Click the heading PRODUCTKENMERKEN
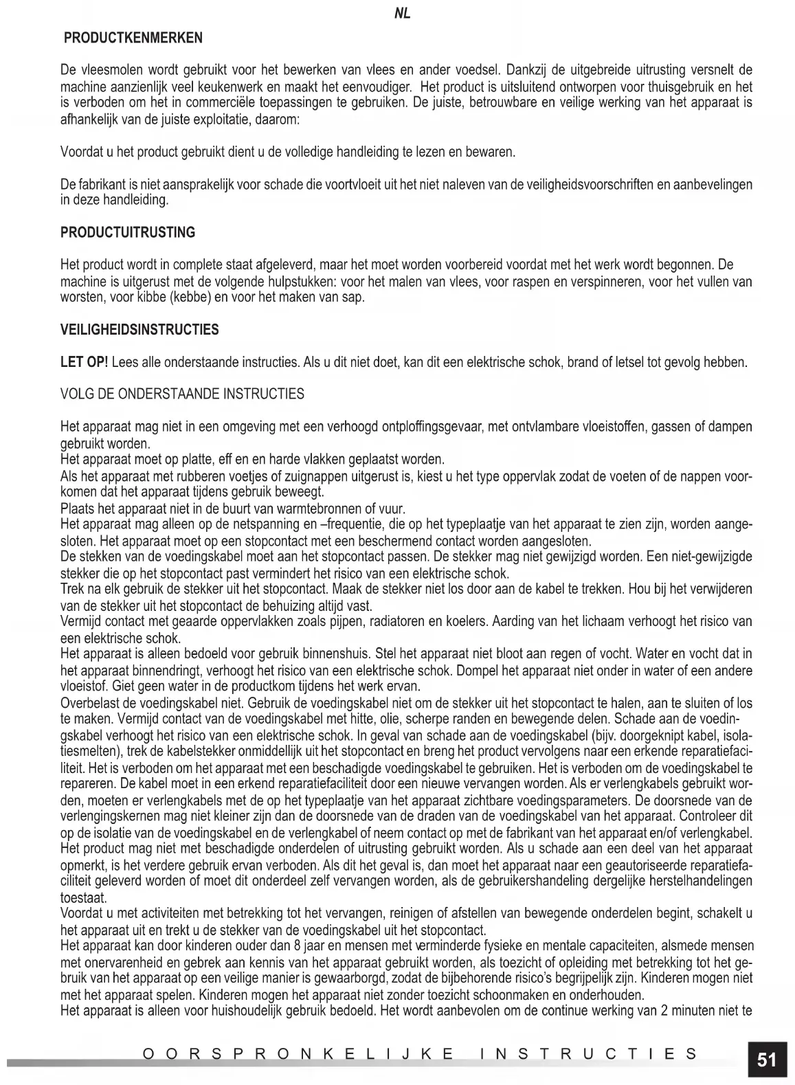(x=133, y=38)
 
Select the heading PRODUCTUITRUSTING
(x=128, y=232)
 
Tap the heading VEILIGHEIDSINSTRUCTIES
(x=140, y=330)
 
